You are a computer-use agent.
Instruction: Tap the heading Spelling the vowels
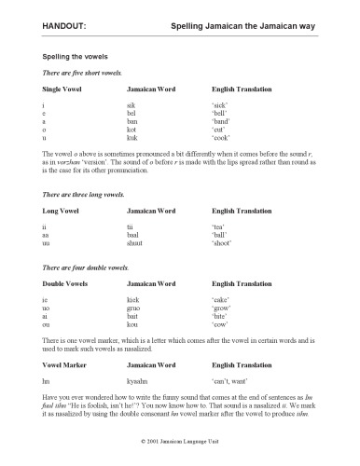pyautogui.click(x=71, y=58)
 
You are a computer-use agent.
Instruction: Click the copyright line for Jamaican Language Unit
pyautogui.click(x=181, y=454)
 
